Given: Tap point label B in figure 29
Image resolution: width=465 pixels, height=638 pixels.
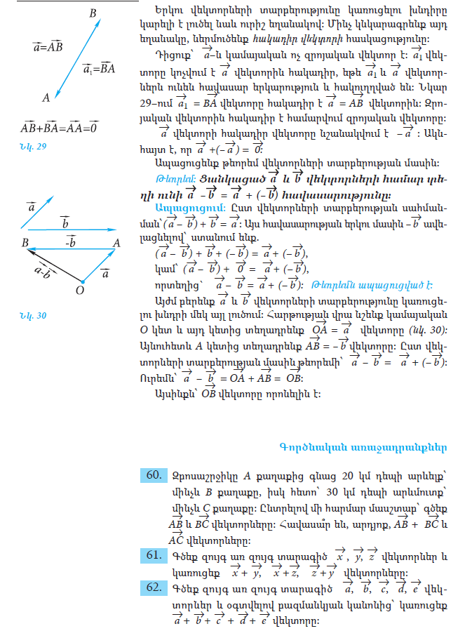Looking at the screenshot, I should pyautogui.click(x=93, y=14).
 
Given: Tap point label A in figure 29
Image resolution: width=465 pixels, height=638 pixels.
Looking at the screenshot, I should pyautogui.click(x=46, y=98).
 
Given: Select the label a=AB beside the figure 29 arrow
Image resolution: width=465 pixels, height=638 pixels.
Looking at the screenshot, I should pyautogui.click(x=48, y=47).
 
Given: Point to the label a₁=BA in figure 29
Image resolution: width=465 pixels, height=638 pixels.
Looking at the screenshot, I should pyautogui.click(x=98, y=69).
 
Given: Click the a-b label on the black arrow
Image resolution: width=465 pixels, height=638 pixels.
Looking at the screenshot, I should pyautogui.click(x=43, y=270).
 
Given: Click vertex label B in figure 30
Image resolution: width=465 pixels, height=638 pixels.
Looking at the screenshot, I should pyautogui.click(x=25, y=242).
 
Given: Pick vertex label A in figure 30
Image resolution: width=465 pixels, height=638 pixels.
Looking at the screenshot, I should pyautogui.click(x=116, y=242).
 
